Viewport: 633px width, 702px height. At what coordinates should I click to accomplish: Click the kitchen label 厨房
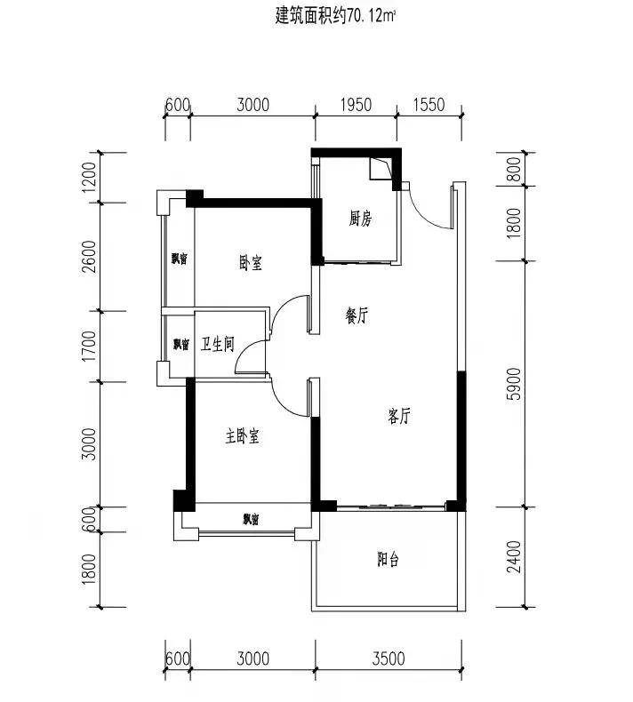click(360, 219)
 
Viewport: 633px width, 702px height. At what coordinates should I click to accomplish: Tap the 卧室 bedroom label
click(251, 262)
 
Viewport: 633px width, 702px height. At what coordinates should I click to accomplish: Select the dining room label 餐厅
click(357, 315)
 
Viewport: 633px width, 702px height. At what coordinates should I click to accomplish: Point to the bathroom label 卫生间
click(217, 344)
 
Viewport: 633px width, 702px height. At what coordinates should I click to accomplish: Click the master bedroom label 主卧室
click(243, 435)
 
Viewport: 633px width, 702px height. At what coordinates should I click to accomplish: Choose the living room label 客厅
click(398, 416)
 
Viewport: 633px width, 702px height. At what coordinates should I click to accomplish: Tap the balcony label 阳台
click(388, 559)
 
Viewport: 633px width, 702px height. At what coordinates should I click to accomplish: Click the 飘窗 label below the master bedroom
click(251, 519)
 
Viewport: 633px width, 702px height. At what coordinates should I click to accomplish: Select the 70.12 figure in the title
click(366, 17)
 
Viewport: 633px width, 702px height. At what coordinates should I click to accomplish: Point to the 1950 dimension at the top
click(357, 105)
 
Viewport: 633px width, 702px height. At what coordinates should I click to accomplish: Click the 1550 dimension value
click(429, 105)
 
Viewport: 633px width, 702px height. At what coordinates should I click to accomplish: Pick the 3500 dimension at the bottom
click(389, 659)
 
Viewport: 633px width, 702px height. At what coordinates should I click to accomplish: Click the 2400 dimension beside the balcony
click(514, 556)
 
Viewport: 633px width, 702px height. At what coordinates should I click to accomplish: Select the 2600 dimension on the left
click(89, 257)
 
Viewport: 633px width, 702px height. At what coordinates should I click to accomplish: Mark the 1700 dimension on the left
click(89, 346)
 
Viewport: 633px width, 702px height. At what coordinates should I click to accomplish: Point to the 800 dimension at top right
click(514, 169)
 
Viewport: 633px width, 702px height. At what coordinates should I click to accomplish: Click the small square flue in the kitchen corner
click(381, 169)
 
